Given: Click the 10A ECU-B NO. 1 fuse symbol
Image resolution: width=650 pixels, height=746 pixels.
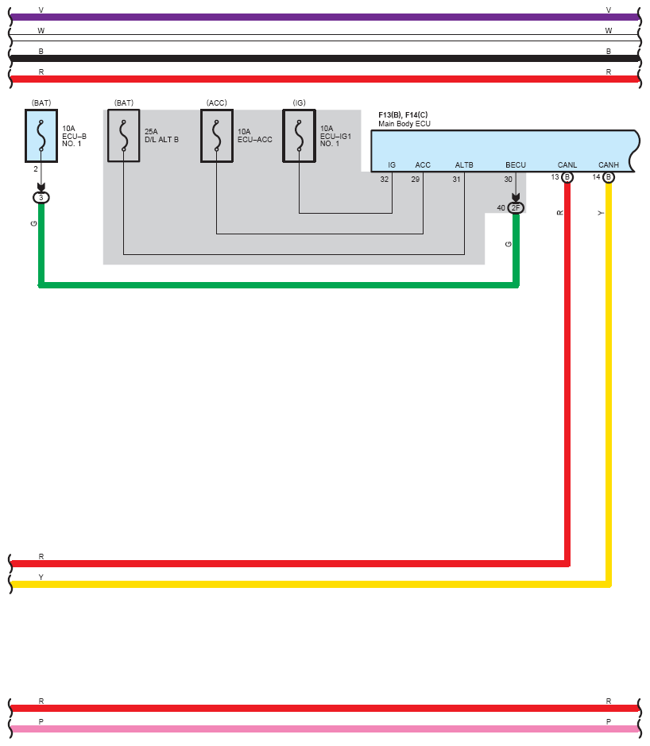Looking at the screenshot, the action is (41, 136).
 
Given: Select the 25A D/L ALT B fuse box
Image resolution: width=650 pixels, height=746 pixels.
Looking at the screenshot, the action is (124, 136).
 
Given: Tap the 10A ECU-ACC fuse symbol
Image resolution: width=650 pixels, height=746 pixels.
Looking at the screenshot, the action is (216, 136).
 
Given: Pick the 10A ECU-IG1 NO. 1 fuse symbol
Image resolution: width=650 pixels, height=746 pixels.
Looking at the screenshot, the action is (300, 136).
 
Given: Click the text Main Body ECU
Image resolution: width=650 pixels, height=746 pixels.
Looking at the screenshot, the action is (404, 124).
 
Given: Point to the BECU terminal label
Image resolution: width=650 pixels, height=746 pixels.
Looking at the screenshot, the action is (516, 165).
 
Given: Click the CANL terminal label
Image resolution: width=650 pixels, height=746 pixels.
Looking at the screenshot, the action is (567, 165).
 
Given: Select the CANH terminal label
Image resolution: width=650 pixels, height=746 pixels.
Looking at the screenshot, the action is (609, 165).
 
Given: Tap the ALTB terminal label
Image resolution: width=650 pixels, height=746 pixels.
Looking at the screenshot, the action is (464, 165).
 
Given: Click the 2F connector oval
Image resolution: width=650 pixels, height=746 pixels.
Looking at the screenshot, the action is (516, 208).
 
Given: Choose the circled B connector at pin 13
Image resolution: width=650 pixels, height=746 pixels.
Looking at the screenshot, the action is (567, 177).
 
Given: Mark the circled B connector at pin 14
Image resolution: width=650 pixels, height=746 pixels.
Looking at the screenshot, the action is (609, 177).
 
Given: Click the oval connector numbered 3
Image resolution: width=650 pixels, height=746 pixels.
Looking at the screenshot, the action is (41, 198).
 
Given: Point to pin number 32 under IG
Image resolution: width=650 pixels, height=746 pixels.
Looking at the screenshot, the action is (385, 180).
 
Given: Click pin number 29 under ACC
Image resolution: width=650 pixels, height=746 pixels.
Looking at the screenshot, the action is (416, 180).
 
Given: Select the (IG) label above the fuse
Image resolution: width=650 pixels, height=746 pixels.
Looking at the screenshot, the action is (300, 102).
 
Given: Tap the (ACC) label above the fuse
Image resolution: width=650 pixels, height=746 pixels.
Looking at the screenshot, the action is (216, 102).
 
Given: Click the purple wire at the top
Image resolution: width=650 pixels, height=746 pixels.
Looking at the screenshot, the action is (325, 17).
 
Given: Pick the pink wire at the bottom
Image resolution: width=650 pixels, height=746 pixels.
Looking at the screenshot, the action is (325, 729).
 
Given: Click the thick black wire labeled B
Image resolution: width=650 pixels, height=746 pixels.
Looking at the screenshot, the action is (325, 59).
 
